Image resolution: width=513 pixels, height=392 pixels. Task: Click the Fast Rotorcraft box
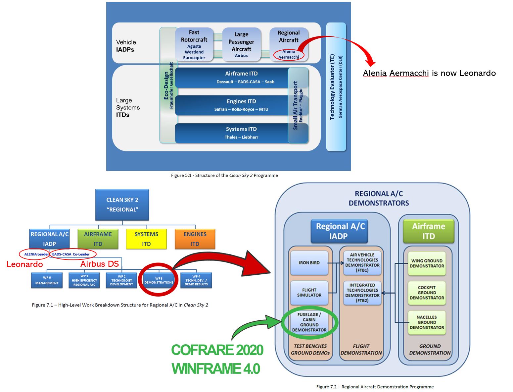[194, 44]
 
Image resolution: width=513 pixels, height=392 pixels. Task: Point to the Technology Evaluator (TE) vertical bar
[336, 87]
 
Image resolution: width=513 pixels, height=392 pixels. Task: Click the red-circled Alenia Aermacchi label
[289, 54]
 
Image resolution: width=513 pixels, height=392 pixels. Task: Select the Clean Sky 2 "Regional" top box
[122, 205]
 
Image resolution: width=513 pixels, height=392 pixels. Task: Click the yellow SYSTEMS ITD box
[146, 239]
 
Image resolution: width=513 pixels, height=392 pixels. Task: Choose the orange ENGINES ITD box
[195, 239]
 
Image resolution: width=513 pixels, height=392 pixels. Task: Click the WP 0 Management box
[47, 280]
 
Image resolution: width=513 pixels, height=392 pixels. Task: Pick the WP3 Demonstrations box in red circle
[159, 280]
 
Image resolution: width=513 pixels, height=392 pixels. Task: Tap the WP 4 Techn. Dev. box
[196, 280]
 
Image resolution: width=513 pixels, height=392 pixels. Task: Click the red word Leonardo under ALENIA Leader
[25, 264]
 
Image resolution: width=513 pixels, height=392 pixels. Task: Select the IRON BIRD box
[309, 263]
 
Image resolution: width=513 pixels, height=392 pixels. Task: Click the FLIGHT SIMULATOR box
[309, 293]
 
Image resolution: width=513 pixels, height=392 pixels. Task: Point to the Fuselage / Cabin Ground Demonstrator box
[309, 322]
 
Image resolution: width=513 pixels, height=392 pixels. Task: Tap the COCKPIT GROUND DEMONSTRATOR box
[427, 293]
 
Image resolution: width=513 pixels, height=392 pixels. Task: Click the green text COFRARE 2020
[217, 350]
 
